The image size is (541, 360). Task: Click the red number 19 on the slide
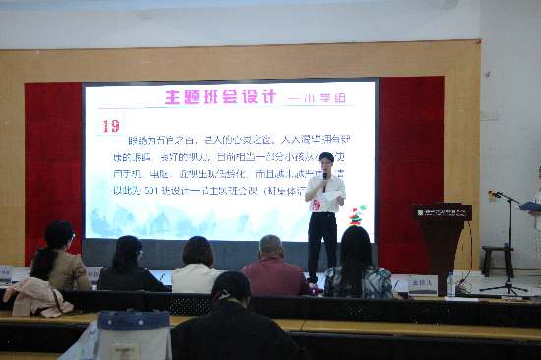pyautogui.click(x=110, y=126)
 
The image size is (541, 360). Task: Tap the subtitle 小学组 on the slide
pyautogui.click(x=309, y=99)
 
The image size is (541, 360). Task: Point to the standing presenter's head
pyautogui.click(x=326, y=161)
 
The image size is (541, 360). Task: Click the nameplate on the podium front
pyautogui.click(x=443, y=211)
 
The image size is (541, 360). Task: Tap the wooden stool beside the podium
pyautogui.click(x=498, y=259)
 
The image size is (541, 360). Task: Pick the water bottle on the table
pyautogui.click(x=451, y=284)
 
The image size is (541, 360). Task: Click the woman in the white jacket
pyautogui.click(x=198, y=268)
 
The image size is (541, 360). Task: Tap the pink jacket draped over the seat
pyautogui.click(x=36, y=295)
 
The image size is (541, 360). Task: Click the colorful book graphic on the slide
pyautogui.click(x=357, y=214)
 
